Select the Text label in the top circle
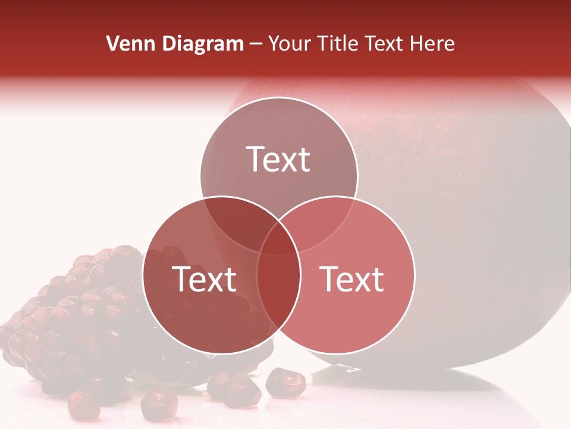278,159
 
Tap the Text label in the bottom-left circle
204,279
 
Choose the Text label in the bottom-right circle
352,279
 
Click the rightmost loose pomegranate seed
285,381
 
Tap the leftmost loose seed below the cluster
83,405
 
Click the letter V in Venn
112,43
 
